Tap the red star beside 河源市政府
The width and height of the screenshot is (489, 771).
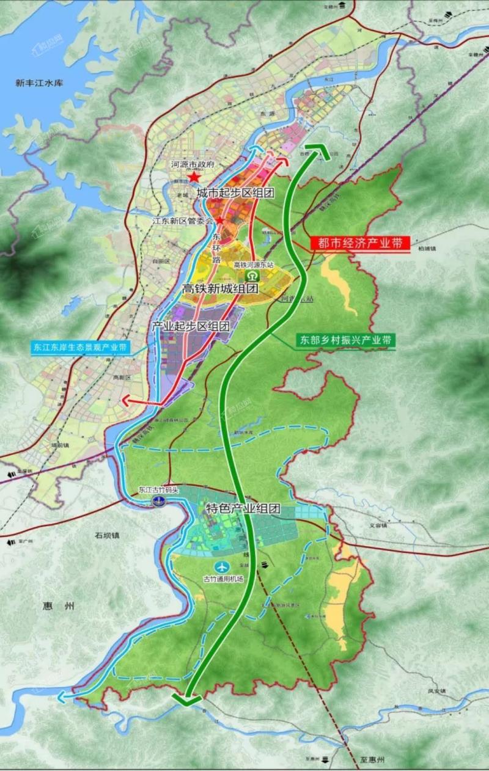(194, 177)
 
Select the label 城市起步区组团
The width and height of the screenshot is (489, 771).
(235, 192)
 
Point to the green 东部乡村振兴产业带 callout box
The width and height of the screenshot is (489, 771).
(345, 340)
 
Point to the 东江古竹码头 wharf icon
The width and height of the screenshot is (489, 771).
(158, 500)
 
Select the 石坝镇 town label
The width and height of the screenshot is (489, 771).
(108, 535)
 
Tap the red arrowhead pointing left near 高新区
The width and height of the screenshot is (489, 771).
(127, 401)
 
